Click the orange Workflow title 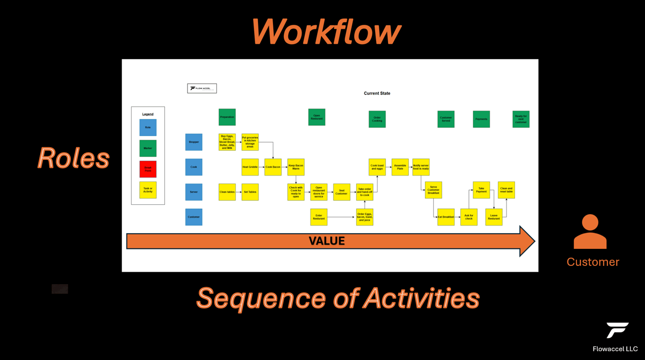(x=326, y=32)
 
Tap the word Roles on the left (x=73, y=159)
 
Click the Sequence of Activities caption (x=338, y=298)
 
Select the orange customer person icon (x=590, y=232)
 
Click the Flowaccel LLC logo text (x=615, y=349)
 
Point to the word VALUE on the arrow (x=326, y=241)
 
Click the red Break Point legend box (x=148, y=169)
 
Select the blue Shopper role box (x=193, y=142)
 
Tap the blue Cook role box (x=193, y=167)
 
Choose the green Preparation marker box (x=227, y=117)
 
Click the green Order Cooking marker (x=377, y=119)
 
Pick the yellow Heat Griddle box (x=250, y=167)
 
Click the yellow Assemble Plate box (x=400, y=167)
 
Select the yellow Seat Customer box (x=341, y=192)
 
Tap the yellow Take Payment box (x=481, y=190)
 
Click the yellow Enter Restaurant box (x=319, y=217)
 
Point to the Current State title (x=377, y=93)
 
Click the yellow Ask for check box (x=469, y=217)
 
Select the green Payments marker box (x=481, y=119)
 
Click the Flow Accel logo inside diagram (x=202, y=88)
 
